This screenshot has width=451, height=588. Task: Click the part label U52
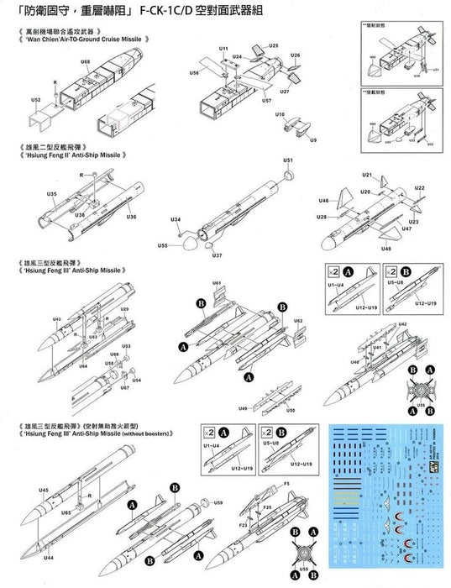click(35, 99)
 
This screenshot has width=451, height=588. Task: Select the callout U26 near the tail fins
click(295, 55)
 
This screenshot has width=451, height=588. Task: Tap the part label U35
click(51, 194)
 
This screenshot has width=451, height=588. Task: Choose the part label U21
click(367, 175)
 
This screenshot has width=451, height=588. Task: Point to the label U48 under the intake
click(385, 249)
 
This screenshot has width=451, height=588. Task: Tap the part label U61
click(217, 283)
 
